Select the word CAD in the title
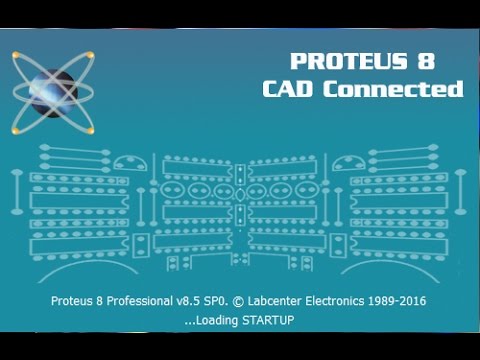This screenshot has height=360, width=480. tap(292, 88)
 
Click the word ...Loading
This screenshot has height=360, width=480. tap(209, 321)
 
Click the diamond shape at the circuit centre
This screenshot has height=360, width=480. tap(240, 190)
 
